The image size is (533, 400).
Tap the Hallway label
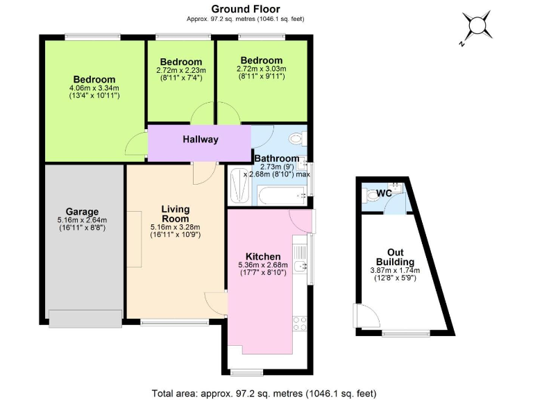201,140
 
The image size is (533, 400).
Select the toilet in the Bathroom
296,138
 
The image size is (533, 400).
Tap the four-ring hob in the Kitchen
301,323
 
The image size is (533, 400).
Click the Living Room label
175,213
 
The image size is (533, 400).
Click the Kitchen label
263,256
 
